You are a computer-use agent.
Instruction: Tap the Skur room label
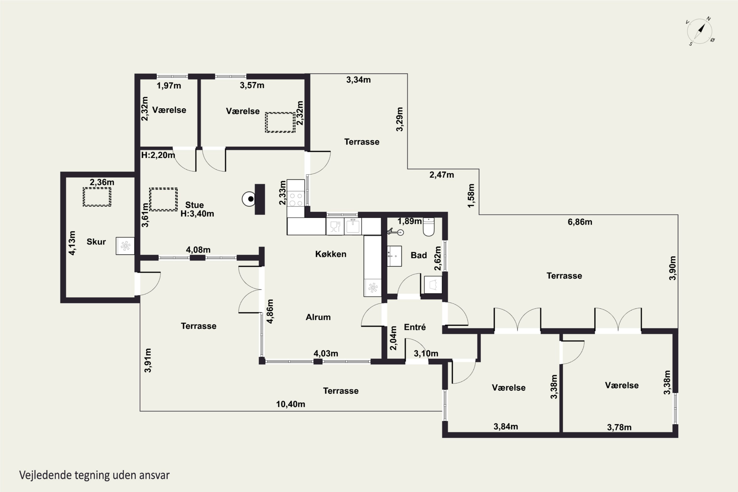click(96, 242)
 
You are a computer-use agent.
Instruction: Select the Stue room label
click(195, 205)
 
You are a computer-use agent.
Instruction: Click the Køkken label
click(331, 254)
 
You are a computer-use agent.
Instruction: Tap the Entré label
click(415, 327)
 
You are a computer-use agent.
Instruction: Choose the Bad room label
click(419, 255)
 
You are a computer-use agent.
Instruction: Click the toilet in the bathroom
click(429, 227)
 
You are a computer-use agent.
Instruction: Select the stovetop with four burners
click(296, 199)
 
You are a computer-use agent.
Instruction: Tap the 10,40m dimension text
click(291, 404)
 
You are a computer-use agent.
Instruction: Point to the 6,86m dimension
click(580, 222)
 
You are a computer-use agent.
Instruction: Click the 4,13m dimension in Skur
click(72, 243)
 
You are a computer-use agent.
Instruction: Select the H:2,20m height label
click(158, 155)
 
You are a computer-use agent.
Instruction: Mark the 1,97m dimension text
click(169, 86)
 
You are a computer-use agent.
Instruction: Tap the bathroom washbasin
click(394, 256)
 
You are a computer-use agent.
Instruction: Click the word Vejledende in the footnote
click(45, 475)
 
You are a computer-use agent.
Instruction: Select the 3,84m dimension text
click(506, 426)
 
